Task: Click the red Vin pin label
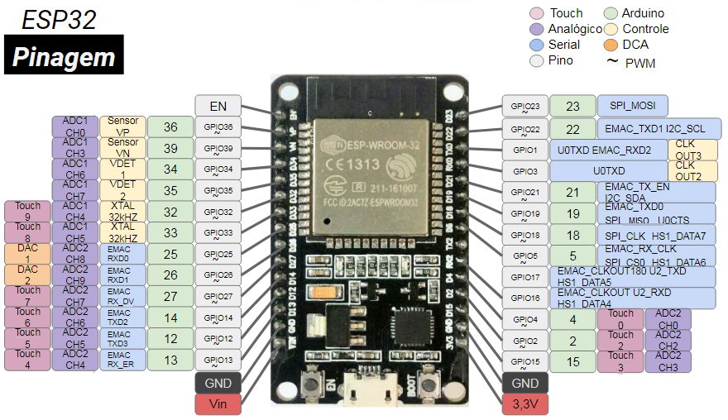(x=218, y=404)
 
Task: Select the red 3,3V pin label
(x=524, y=404)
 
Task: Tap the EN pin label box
(x=218, y=106)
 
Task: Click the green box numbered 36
(x=170, y=127)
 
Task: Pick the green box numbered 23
(x=572, y=106)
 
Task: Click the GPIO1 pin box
(x=524, y=150)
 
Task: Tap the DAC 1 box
(x=27, y=254)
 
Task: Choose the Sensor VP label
(x=123, y=126)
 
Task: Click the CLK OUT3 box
(x=689, y=150)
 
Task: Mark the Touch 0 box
(x=620, y=319)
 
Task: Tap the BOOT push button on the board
(x=429, y=384)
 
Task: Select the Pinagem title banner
(x=64, y=56)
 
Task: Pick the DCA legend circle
(x=611, y=45)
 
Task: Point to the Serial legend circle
(x=537, y=45)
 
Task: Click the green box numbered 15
(x=572, y=361)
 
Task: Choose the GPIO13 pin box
(x=218, y=360)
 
